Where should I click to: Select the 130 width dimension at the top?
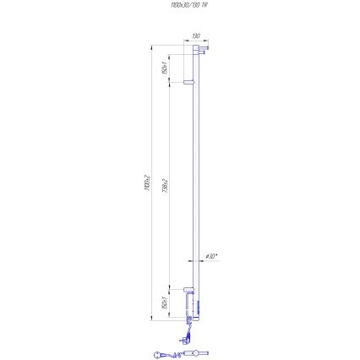pyautogui.click(x=195, y=36)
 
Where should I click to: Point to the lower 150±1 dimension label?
pyautogui.click(x=163, y=303)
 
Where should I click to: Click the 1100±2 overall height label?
pyautogui.click(x=146, y=182)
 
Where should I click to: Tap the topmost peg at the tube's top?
pyautogui.click(x=199, y=48)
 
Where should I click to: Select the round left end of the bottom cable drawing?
pyautogui.click(x=158, y=355)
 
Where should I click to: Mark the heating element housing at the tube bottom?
pyautogui.click(x=199, y=301)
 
